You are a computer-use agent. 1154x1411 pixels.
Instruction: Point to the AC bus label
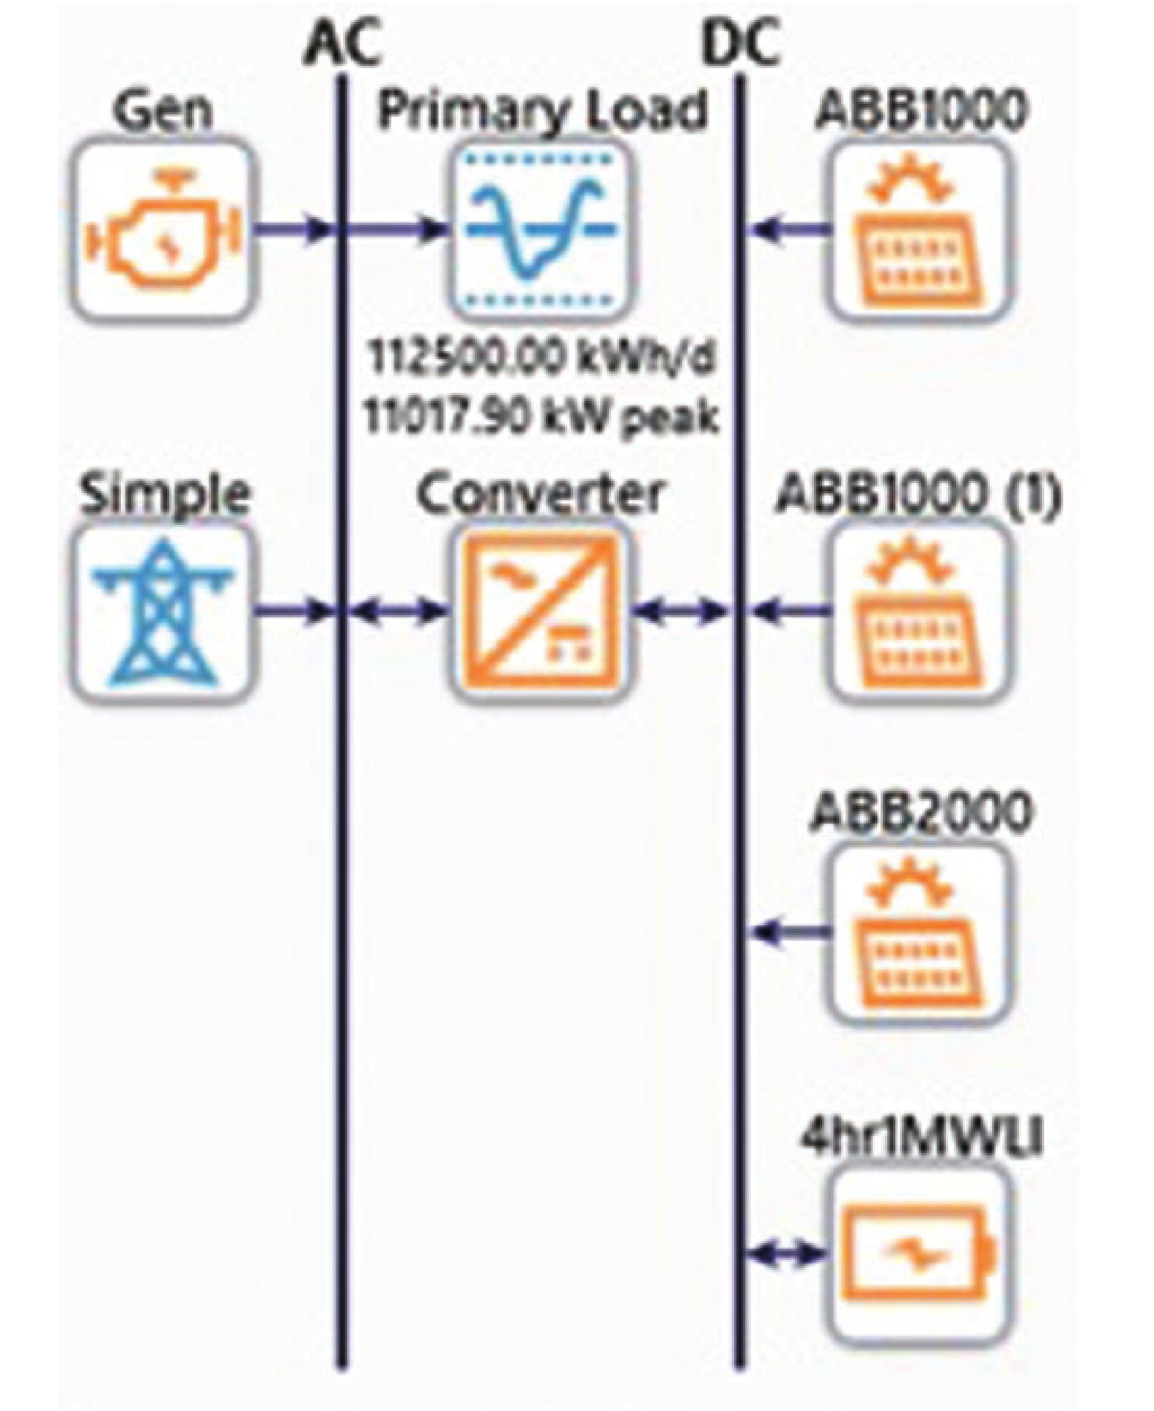[x=343, y=45]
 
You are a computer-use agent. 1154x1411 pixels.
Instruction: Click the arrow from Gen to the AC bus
[x=293, y=230]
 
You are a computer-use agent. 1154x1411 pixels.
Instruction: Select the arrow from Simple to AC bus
[x=293, y=611]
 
